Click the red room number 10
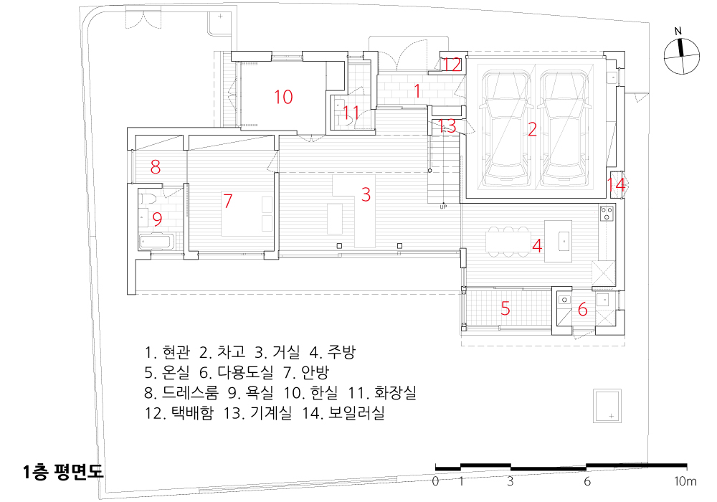pos(283,97)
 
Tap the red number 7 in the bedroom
pos(228,201)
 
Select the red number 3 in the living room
pos(366,195)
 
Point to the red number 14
pos(616,184)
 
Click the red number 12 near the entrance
pos(452,65)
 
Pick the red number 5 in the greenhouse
pos(505,308)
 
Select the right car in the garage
pos(564,129)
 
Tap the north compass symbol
pos(682,56)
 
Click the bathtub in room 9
pos(157,242)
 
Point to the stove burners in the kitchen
pos(607,212)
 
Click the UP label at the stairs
pos(443,207)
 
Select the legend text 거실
pos(286,352)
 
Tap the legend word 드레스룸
pos(190,392)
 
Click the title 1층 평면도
pos(63,472)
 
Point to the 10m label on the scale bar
pos(685,481)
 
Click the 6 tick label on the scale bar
pos(587,481)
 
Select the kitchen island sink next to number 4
pos(564,241)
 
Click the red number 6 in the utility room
pos(582,310)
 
